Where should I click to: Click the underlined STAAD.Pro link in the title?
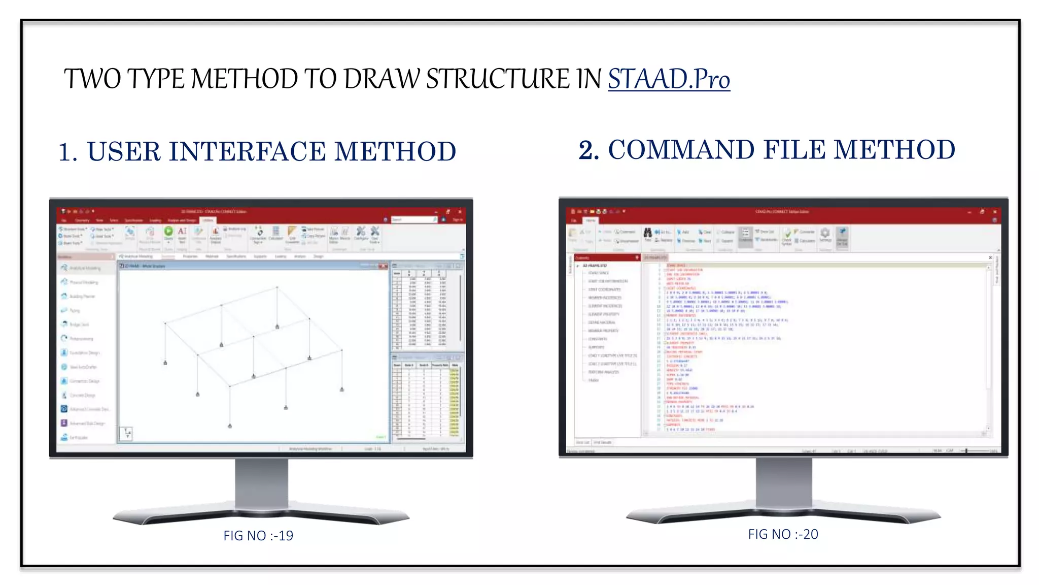[669, 80]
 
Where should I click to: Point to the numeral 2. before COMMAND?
[588, 151]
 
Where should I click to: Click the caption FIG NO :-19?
[258, 536]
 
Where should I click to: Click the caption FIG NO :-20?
[783, 534]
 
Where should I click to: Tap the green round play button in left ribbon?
[168, 232]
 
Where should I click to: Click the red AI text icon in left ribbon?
[182, 232]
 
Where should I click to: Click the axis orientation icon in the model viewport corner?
[126, 433]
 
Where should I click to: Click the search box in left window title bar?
[413, 220]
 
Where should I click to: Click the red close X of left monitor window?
[460, 212]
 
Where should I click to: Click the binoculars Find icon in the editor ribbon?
[648, 233]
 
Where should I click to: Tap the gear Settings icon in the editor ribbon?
[825, 233]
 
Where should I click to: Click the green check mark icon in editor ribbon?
[787, 234]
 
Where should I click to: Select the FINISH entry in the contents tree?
[593, 380]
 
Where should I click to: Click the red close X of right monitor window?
[995, 212]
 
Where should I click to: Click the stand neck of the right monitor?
[783, 482]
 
